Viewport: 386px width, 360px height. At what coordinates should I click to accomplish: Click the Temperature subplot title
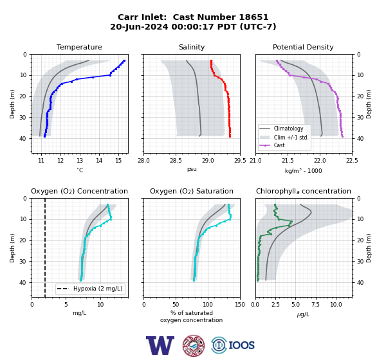(79, 47)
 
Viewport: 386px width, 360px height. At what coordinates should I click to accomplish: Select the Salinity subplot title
(192, 47)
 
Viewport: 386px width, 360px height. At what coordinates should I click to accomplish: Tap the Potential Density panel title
(303, 47)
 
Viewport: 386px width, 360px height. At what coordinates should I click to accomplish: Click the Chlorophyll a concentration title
(304, 191)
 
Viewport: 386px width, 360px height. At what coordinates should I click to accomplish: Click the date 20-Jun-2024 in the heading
(139, 26)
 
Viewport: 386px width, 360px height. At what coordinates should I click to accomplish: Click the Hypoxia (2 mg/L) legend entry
(90, 289)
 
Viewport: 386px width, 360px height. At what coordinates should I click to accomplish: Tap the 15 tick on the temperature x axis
(118, 161)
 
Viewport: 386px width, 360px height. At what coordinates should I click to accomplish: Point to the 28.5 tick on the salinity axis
(176, 161)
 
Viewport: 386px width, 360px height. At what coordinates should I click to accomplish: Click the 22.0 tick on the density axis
(320, 161)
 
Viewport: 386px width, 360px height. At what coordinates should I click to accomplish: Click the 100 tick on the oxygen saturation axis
(208, 305)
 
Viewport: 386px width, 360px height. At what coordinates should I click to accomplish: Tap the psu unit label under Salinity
(192, 169)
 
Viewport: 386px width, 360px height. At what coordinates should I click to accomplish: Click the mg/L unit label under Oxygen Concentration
(79, 313)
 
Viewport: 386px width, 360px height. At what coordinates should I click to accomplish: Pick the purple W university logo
(160, 345)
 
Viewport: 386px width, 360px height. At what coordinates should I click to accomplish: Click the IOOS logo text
(242, 345)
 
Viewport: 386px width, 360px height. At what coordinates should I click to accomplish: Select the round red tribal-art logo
(194, 345)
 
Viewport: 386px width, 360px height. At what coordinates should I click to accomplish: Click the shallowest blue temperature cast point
(124, 60)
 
